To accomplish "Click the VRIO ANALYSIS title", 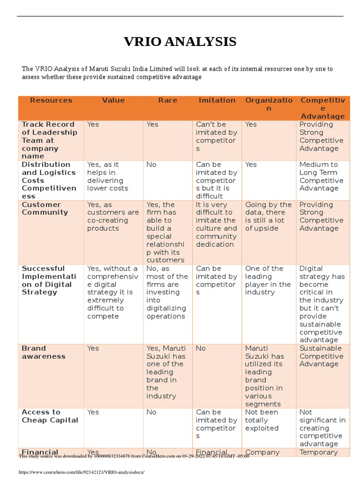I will [x=180, y=42].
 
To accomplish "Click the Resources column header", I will [x=51, y=100].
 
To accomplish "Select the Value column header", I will [x=113, y=100].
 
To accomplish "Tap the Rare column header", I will [x=167, y=100].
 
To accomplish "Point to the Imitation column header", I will [x=217, y=100].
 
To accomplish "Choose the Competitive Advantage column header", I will [x=322, y=108].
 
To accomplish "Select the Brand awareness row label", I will [x=44, y=352].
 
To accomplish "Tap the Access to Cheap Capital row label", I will [x=50, y=416].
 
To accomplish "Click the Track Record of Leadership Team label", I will [x=48, y=140].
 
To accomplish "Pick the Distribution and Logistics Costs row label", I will [x=49, y=180].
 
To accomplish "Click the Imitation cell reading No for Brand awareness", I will [x=201, y=349].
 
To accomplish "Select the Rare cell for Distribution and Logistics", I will [x=151, y=165].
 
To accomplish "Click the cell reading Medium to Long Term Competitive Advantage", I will [x=321, y=176].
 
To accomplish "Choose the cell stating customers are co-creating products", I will [x=113, y=217].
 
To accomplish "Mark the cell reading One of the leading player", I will [x=268, y=280].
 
